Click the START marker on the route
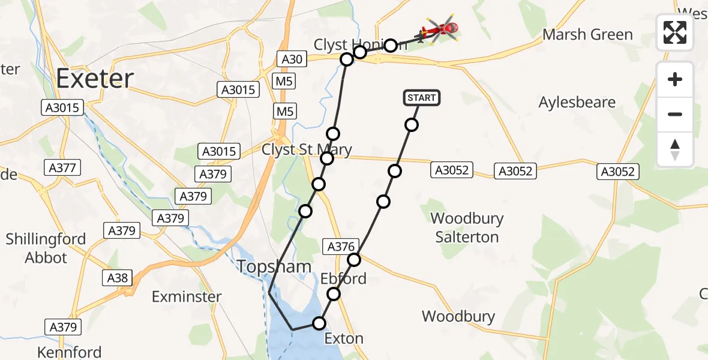[x=422, y=98]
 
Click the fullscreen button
[x=675, y=32]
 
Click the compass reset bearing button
[x=675, y=149]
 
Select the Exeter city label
[x=95, y=79]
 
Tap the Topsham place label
[x=274, y=267]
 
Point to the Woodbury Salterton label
[x=467, y=227]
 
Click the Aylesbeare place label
[x=577, y=103]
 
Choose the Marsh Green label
[x=587, y=35]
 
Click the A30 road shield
[x=292, y=59]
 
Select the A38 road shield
[x=117, y=277]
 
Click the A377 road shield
[x=62, y=168]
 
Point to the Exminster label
[x=187, y=296]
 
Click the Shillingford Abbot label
[x=46, y=248]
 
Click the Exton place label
[x=344, y=338]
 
